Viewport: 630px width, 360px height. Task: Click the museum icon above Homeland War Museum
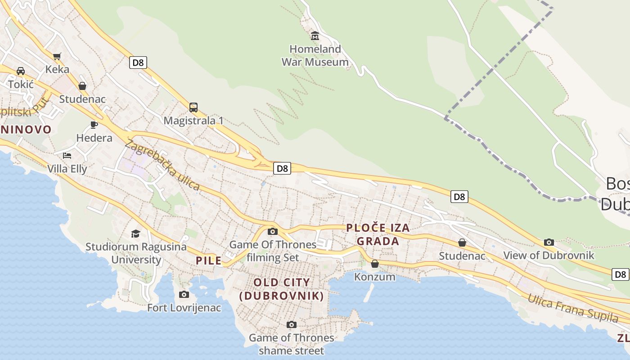coord(315,36)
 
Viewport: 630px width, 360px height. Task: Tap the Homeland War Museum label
coord(315,55)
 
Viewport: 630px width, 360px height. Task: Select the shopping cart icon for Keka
coord(57,56)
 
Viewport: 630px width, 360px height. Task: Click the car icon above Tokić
coord(21,71)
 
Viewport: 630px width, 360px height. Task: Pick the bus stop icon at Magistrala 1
coord(193,108)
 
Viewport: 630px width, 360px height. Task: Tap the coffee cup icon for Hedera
coord(94,125)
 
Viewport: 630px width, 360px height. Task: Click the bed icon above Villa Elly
coord(67,156)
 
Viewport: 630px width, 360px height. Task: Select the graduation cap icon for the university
coord(135,234)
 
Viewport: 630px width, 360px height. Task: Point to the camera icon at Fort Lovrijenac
coord(184,295)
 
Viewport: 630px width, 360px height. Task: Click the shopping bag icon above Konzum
coord(375,264)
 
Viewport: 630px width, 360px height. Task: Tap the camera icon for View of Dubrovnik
coord(549,243)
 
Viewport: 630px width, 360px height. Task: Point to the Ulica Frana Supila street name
coord(573,308)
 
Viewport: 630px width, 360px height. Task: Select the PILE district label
coord(209,261)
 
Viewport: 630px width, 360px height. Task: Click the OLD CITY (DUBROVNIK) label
coord(282,289)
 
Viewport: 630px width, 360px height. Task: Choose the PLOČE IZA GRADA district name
coord(378,234)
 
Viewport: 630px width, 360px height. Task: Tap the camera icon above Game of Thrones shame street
coord(292,325)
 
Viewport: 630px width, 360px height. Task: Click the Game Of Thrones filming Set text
coord(273,251)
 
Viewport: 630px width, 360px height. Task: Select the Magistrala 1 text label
coord(193,121)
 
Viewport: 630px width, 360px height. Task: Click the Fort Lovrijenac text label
coord(184,308)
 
